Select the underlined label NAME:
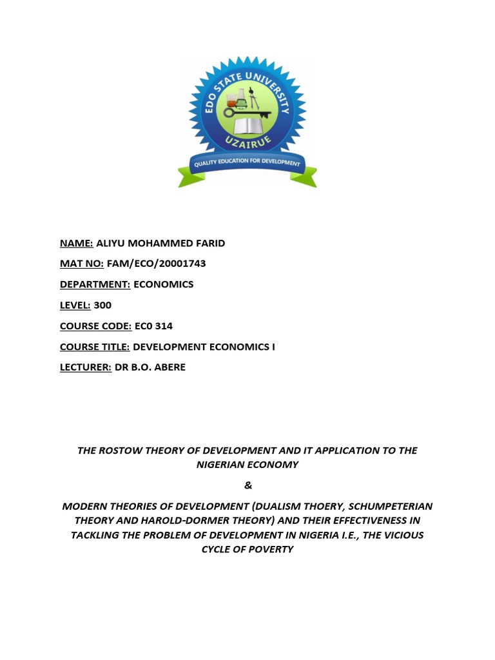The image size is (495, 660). (77, 243)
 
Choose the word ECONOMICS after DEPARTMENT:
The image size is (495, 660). (163, 284)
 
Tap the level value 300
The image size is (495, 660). (102, 305)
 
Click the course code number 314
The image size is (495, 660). (163, 326)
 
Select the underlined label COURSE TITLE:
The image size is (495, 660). (95, 347)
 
